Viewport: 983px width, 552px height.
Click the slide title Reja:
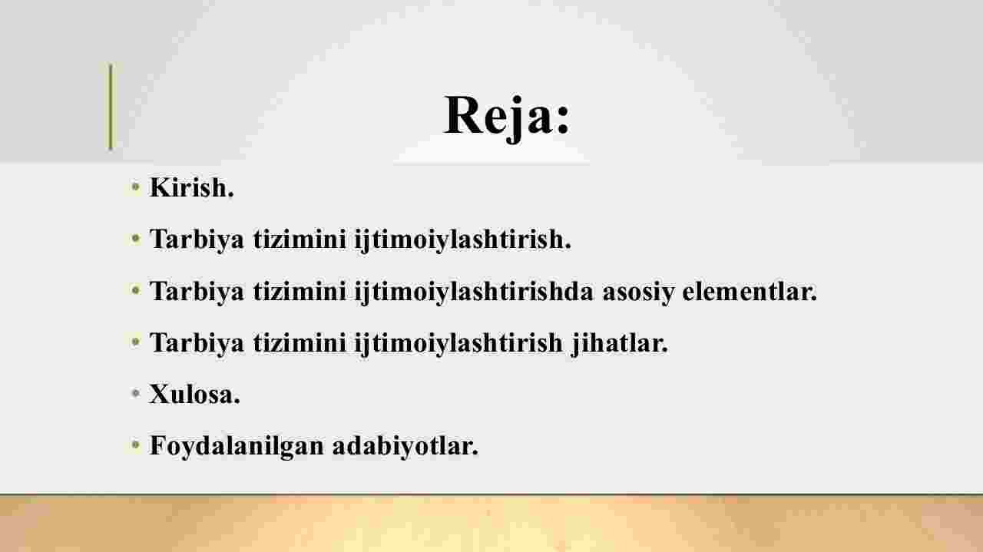(507, 116)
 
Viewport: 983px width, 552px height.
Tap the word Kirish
(192, 188)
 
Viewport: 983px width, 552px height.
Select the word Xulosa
(194, 394)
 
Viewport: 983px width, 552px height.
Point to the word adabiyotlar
(405, 446)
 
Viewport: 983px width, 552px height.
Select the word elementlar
(750, 291)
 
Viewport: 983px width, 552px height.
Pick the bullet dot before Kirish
(136, 187)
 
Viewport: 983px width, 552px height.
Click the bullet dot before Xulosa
(136, 393)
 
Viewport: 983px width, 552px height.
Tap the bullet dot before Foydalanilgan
(136, 445)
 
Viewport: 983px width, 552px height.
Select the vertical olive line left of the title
(111, 107)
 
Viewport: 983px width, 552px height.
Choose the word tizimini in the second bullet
(300, 240)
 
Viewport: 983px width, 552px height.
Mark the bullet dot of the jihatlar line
(136, 342)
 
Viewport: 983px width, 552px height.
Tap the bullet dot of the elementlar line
(136, 290)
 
